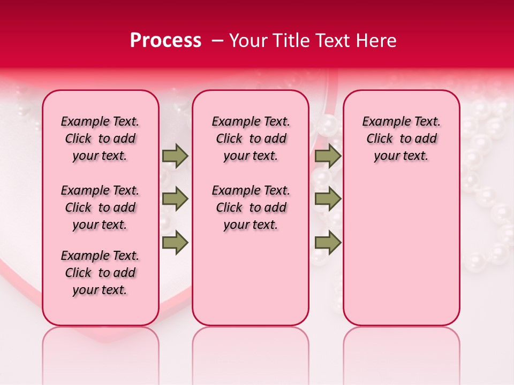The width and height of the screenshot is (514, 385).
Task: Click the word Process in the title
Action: point(165,41)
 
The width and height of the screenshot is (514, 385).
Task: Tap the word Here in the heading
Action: point(376,41)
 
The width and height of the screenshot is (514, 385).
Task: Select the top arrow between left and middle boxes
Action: point(175,156)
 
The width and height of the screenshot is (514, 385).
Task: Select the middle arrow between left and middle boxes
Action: point(175,199)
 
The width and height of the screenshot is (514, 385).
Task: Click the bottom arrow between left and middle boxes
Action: point(175,242)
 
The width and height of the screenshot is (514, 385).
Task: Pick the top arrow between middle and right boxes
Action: point(328,156)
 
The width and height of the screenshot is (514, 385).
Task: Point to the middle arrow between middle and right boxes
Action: point(328,199)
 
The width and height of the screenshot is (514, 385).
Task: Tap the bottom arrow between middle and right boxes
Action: point(328,242)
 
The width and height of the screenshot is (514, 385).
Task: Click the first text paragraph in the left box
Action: point(100,139)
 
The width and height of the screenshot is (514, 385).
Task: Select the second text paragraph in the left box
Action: point(100,207)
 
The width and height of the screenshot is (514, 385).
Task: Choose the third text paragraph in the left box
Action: point(100,273)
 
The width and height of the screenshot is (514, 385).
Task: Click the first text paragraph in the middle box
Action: point(251,139)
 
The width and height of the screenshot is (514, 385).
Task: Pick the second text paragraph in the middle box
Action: point(251,207)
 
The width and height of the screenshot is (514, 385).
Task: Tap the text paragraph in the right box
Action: point(401,139)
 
